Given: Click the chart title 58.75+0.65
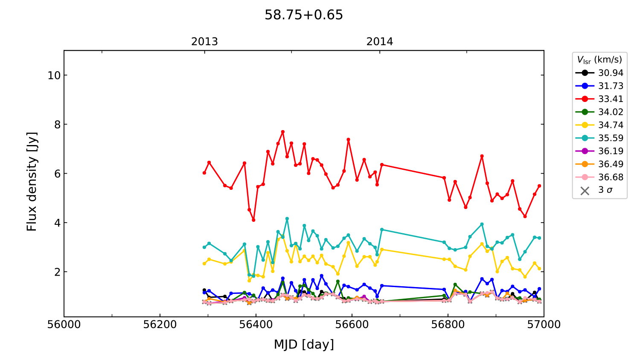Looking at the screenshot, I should tap(303, 15).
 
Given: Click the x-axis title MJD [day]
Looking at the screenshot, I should tap(303, 344).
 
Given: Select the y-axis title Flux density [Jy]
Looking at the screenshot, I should tap(32, 182).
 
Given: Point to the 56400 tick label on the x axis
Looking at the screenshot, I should tap(256, 325).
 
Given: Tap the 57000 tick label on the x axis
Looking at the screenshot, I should tap(543, 325).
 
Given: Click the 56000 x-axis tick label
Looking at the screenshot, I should tap(64, 325).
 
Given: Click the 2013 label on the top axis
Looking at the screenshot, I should tap(204, 42).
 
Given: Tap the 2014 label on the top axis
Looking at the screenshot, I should tap(379, 42).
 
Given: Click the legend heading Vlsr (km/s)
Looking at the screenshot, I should tap(599, 60).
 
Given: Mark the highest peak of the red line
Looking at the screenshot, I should tap(282, 132).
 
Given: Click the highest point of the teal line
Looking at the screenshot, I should tap(287, 219).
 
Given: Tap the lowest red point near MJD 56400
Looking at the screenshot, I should tap(253, 220).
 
